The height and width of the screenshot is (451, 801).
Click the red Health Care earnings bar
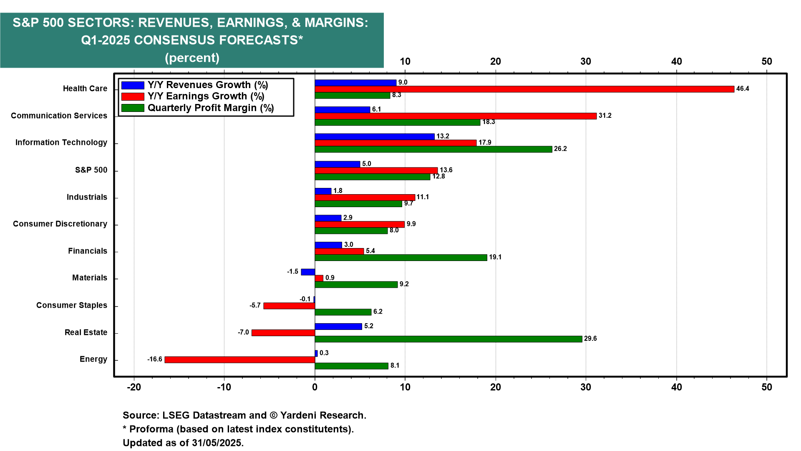click(524, 89)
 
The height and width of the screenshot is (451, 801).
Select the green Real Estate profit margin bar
click(448, 339)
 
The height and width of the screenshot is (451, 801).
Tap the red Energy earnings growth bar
click(240, 360)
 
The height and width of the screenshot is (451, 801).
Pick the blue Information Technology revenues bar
click(374, 137)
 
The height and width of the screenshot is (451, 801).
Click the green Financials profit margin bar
click(400, 258)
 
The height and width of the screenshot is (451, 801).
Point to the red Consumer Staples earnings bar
click(289, 306)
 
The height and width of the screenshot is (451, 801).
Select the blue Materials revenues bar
click(308, 272)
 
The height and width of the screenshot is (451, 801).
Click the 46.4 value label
click(743, 89)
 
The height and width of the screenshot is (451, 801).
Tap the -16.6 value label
click(155, 360)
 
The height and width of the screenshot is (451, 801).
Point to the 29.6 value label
click(590, 339)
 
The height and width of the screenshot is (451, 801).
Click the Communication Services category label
click(59, 116)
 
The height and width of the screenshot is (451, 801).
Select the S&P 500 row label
click(91, 170)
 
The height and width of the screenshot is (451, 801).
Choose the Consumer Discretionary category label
click(60, 224)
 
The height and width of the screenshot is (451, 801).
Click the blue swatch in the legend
click(133, 85)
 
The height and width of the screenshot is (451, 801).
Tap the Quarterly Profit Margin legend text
click(211, 108)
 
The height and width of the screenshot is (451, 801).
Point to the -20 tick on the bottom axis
click(134, 387)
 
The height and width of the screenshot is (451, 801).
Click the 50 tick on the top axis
click(766, 61)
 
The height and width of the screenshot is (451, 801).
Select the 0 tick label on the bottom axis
click(315, 387)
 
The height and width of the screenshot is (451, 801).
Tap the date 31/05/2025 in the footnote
click(217, 443)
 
